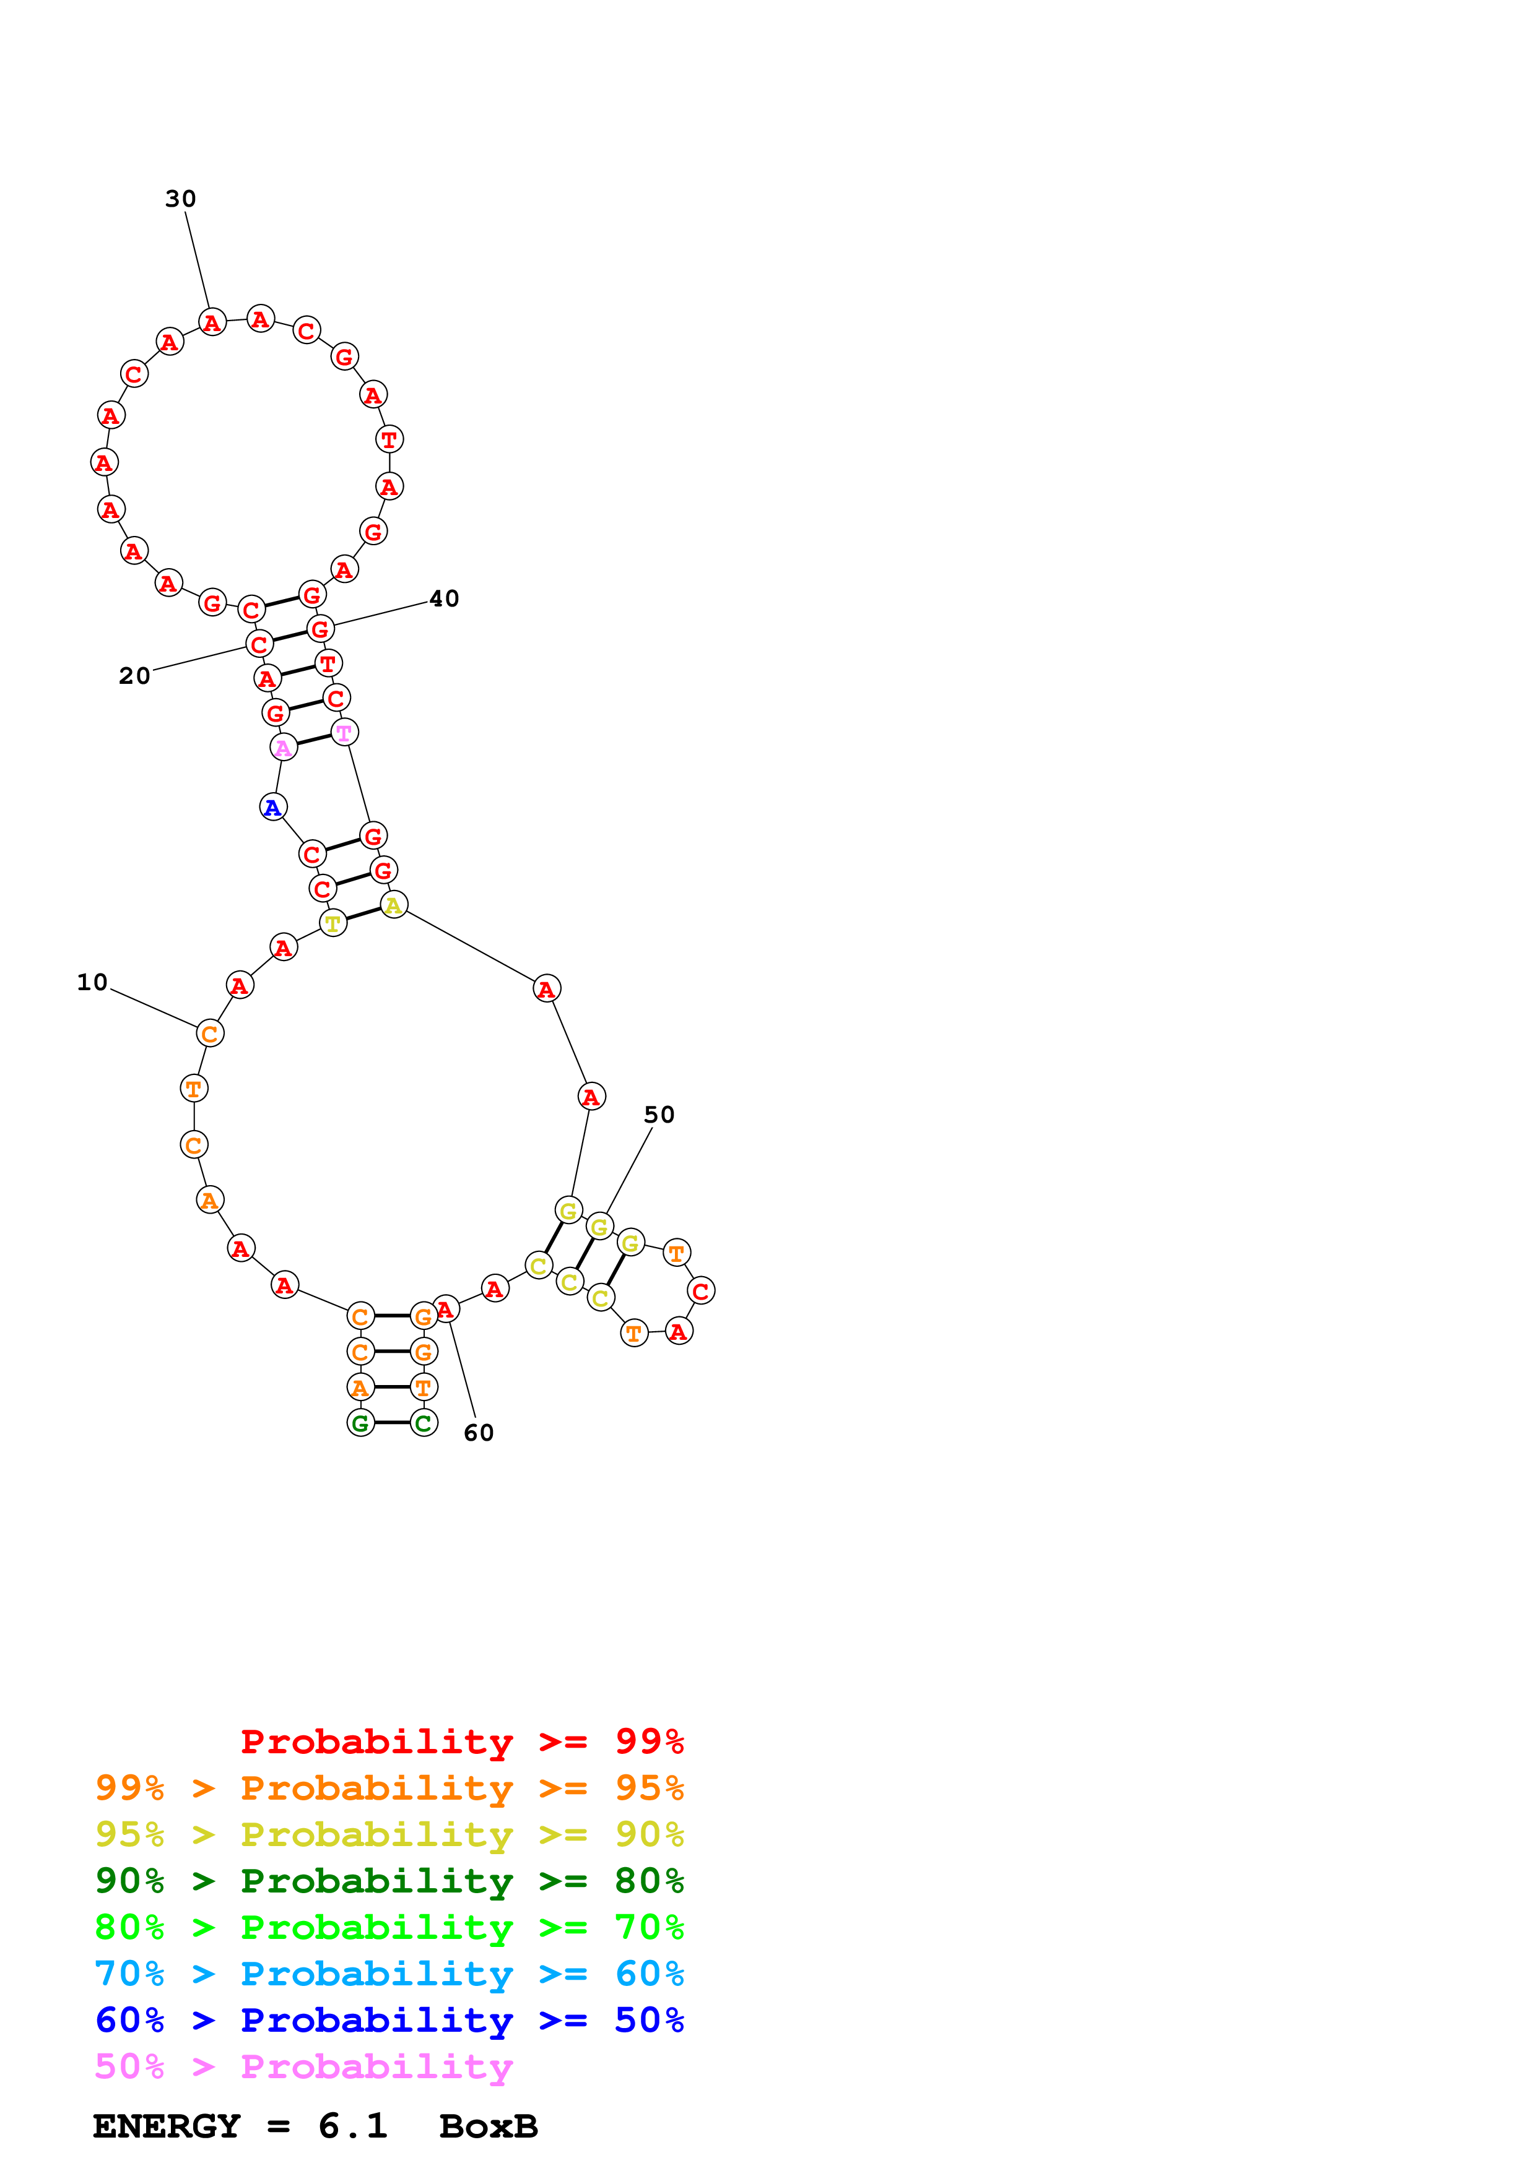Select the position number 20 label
[x=134, y=676]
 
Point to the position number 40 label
[x=443, y=598]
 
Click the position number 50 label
[x=659, y=1115]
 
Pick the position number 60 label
[x=479, y=1433]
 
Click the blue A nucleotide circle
[x=273, y=808]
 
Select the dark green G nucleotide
[x=360, y=1422]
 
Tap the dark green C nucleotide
[x=424, y=1422]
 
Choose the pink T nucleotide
[x=344, y=733]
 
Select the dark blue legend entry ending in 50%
[x=389, y=2020]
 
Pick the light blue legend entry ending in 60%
[x=389, y=1974]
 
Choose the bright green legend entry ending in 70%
[x=389, y=1927]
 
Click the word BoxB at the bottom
[x=488, y=2126]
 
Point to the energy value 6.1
[x=353, y=2126]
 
